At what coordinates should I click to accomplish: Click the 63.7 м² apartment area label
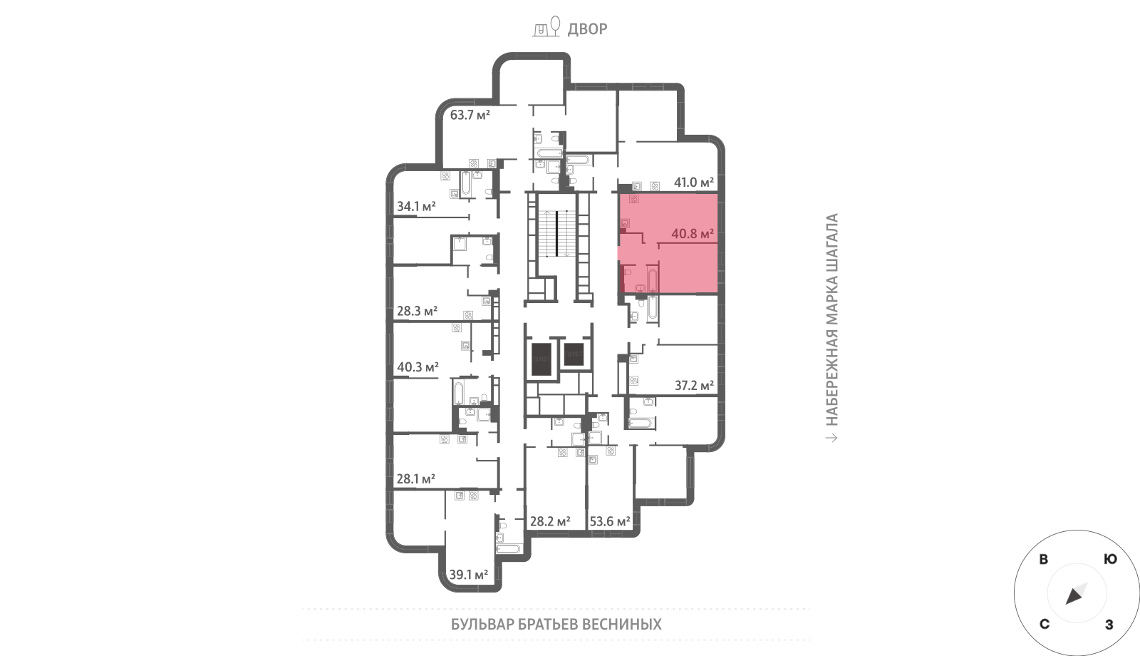pyautogui.click(x=470, y=115)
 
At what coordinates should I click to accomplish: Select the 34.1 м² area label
pyautogui.click(x=416, y=206)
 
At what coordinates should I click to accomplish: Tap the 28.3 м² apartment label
pyautogui.click(x=417, y=311)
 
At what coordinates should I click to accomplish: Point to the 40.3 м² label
pyautogui.click(x=418, y=367)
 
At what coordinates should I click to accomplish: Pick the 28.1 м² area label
pyautogui.click(x=416, y=478)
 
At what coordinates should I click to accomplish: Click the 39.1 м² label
pyautogui.click(x=469, y=575)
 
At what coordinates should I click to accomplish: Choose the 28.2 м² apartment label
pyautogui.click(x=550, y=521)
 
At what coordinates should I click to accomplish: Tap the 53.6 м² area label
pyautogui.click(x=610, y=521)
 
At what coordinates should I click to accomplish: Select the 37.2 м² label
pyautogui.click(x=694, y=386)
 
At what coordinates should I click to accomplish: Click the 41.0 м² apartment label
pyautogui.click(x=694, y=182)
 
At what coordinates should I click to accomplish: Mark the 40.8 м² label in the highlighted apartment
pyautogui.click(x=692, y=234)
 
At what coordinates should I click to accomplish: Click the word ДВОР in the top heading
pyautogui.click(x=587, y=29)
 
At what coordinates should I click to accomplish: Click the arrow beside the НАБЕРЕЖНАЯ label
pyautogui.click(x=831, y=438)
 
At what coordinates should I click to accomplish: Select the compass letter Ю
pyautogui.click(x=1110, y=559)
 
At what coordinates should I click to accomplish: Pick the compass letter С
pyautogui.click(x=1045, y=625)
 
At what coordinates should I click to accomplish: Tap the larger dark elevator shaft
pyautogui.click(x=541, y=359)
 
